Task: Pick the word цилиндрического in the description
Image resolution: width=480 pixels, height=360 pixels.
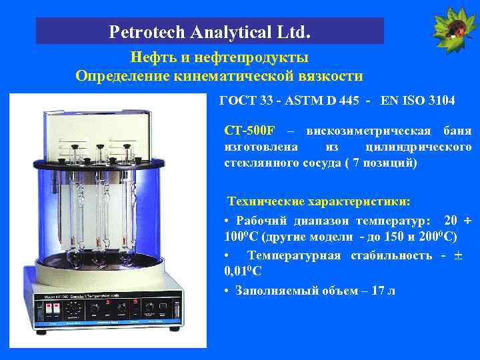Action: [x=419, y=146]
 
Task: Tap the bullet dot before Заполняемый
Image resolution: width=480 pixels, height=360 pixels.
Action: [x=228, y=291]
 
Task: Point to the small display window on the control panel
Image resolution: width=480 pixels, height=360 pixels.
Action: [x=161, y=308]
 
